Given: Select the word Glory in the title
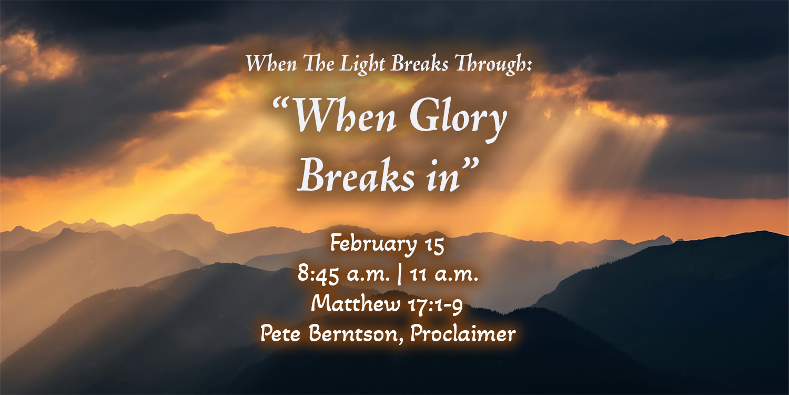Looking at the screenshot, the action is pyautogui.click(x=458, y=120).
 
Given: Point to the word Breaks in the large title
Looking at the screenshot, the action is pyautogui.click(x=356, y=174).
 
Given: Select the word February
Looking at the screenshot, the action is pyautogui.click(x=373, y=245).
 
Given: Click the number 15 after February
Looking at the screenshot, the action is pyautogui.click(x=434, y=245).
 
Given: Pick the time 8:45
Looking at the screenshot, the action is pyautogui.click(x=318, y=274).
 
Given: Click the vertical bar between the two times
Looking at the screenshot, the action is pyautogui.click(x=399, y=274).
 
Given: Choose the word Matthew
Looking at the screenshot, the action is pyautogui.click(x=355, y=304).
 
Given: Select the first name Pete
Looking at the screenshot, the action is pyautogui.click(x=280, y=333).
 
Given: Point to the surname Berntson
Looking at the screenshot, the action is pyautogui.click(x=356, y=333).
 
